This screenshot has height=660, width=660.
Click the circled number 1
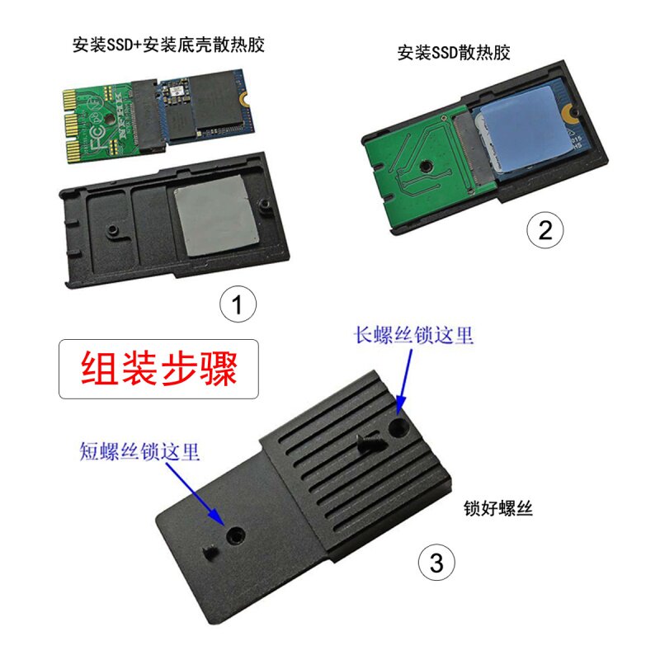(238, 304)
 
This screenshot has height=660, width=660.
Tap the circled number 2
(545, 230)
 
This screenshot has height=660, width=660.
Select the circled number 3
(436, 563)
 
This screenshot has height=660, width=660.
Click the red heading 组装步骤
(159, 369)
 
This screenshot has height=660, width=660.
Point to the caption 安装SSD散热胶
(454, 53)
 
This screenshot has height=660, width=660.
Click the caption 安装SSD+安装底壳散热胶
(168, 45)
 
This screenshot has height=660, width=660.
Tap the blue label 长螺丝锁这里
(413, 336)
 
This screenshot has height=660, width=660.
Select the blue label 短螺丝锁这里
(139, 451)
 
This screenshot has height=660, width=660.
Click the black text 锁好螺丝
(498, 508)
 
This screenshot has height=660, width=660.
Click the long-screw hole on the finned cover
(398, 427)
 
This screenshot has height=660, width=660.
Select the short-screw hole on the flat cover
(235, 536)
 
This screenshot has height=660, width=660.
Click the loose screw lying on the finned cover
(370, 443)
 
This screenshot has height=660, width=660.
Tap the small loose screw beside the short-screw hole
(211, 552)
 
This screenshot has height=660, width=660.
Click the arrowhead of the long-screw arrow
(401, 405)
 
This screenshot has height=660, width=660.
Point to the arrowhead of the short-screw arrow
(218, 516)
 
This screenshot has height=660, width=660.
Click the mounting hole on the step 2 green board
(427, 167)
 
